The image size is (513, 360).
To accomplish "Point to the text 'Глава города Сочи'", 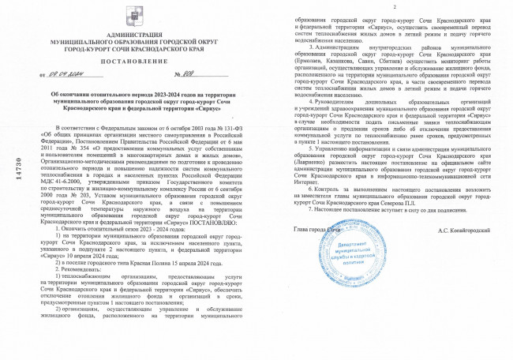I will click(319, 273).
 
